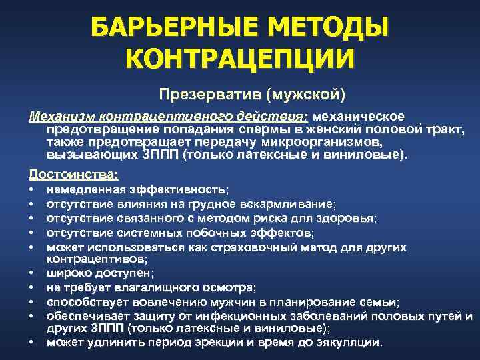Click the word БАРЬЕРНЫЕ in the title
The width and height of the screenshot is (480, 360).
163,29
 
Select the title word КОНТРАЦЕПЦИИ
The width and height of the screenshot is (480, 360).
239,60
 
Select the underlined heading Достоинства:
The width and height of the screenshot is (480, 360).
74,175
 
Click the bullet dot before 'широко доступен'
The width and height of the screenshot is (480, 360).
32,273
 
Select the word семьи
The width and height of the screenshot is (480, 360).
381,301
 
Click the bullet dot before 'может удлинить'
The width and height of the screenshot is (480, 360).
32,343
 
